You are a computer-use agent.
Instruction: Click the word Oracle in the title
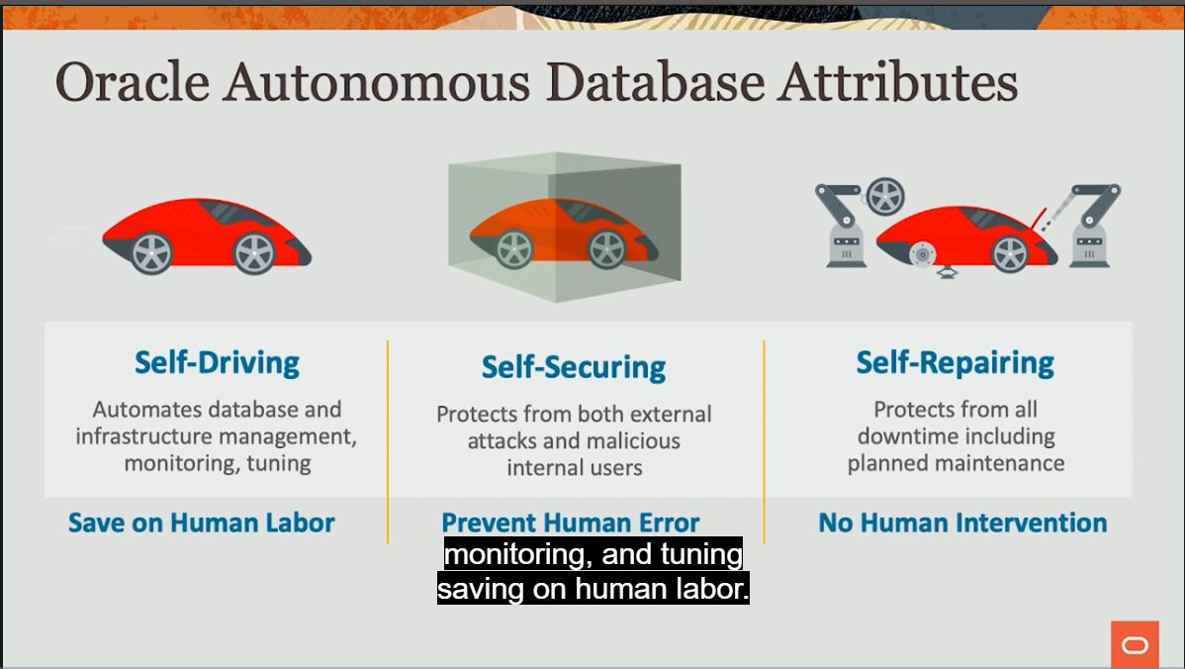tap(132, 82)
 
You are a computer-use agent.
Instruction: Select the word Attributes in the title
tap(897, 82)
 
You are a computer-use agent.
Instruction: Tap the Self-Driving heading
tap(217, 362)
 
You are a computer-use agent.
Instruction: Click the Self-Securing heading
tap(573, 367)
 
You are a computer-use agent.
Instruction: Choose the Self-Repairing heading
tap(955, 362)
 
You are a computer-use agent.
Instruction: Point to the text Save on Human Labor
tap(201, 523)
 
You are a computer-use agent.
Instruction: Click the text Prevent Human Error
tap(570, 523)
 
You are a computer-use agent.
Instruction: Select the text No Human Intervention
tap(962, 523)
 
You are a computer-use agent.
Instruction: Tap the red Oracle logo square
tap(1135, 645)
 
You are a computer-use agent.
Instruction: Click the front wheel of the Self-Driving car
tap(253, 253)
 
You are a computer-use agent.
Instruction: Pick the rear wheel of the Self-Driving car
tap(151, 253)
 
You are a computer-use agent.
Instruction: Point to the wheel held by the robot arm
tap(884, 197)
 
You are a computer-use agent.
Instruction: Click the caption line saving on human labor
tap(592, 589)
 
